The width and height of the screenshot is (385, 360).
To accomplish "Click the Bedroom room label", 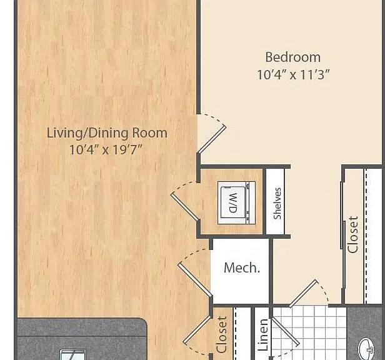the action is [x=293, y=57].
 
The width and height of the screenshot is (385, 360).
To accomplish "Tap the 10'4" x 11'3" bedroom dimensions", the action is [x=293, y=74].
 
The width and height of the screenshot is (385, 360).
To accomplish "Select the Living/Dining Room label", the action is [x=107, y=133].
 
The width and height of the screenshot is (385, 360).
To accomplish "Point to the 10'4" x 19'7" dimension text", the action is [x=106, y=149].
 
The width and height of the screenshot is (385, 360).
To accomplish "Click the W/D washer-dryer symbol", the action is [x=237, y=203].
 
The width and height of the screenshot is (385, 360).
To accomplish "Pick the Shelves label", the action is [x=277, y=203].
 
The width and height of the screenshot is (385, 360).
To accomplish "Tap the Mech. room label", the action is [x=242, y=267].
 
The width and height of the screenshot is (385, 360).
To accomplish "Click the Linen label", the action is [x=263, y=334].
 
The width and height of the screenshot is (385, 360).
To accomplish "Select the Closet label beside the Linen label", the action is [x=221, y=334].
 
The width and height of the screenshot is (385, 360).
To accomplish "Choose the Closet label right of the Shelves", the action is [x=353, y=234].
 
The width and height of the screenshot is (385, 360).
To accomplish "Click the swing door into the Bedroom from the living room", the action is [x=212, y=139].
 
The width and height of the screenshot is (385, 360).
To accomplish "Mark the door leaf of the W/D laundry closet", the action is [x=184, y=206].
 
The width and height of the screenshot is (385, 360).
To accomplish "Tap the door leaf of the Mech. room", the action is [x=195, y=280].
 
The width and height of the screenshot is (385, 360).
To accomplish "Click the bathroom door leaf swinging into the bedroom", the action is [x=303, y=294].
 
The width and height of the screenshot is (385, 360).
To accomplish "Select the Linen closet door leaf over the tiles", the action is [x=285, y=332].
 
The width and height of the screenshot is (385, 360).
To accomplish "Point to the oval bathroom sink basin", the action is [x=366, y=349].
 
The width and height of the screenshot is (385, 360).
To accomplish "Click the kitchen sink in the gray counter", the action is [x=73, y=354].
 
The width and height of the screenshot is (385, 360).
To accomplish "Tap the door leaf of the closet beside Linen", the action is [x=197, y=329].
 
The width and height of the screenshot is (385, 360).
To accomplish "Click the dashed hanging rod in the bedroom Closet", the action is [x=366, y=236].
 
